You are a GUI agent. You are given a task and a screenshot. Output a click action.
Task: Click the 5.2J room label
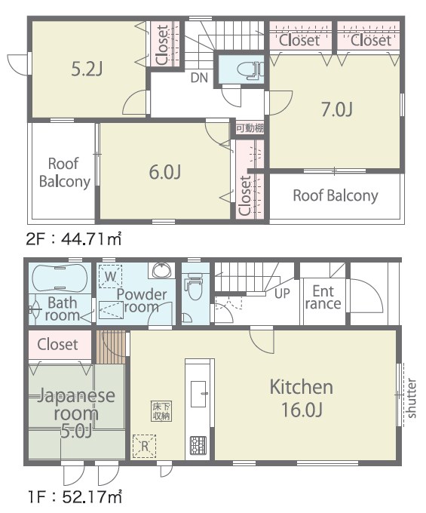(x=87, y=69)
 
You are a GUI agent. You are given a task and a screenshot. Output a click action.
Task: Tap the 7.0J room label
(x=337, y=109)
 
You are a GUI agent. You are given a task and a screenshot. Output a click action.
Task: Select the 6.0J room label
(x=165, y=172)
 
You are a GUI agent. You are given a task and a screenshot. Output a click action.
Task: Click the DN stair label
(x=199, y=78)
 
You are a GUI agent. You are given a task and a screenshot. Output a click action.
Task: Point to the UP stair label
(x=282, y=293)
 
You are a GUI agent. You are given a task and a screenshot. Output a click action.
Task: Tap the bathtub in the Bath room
(x=60, y=278)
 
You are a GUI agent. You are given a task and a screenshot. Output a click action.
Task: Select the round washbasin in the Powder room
(x=161, y=271)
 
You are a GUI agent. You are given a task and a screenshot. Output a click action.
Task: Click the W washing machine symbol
(x=111, y=276)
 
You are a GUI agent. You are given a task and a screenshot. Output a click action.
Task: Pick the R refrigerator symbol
(x=145, y=446)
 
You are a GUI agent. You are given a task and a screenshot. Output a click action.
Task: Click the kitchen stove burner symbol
(x=198, y=445)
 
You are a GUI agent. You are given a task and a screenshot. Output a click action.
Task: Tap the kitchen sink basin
(x=198, y=394)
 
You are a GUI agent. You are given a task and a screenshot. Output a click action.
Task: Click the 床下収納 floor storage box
(x=161, y=411)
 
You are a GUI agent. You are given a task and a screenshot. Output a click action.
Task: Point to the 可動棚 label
(x=250, y=128)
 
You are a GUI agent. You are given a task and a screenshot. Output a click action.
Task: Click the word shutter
(x=412, y=398)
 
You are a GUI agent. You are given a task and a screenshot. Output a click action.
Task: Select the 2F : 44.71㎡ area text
(x=74, y=239)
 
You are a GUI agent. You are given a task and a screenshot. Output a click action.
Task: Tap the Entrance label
(x=323, y=297)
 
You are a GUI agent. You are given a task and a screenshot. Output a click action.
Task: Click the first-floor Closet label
(x=57, y=344)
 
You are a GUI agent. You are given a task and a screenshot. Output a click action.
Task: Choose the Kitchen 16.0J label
(x=302, y=398)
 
